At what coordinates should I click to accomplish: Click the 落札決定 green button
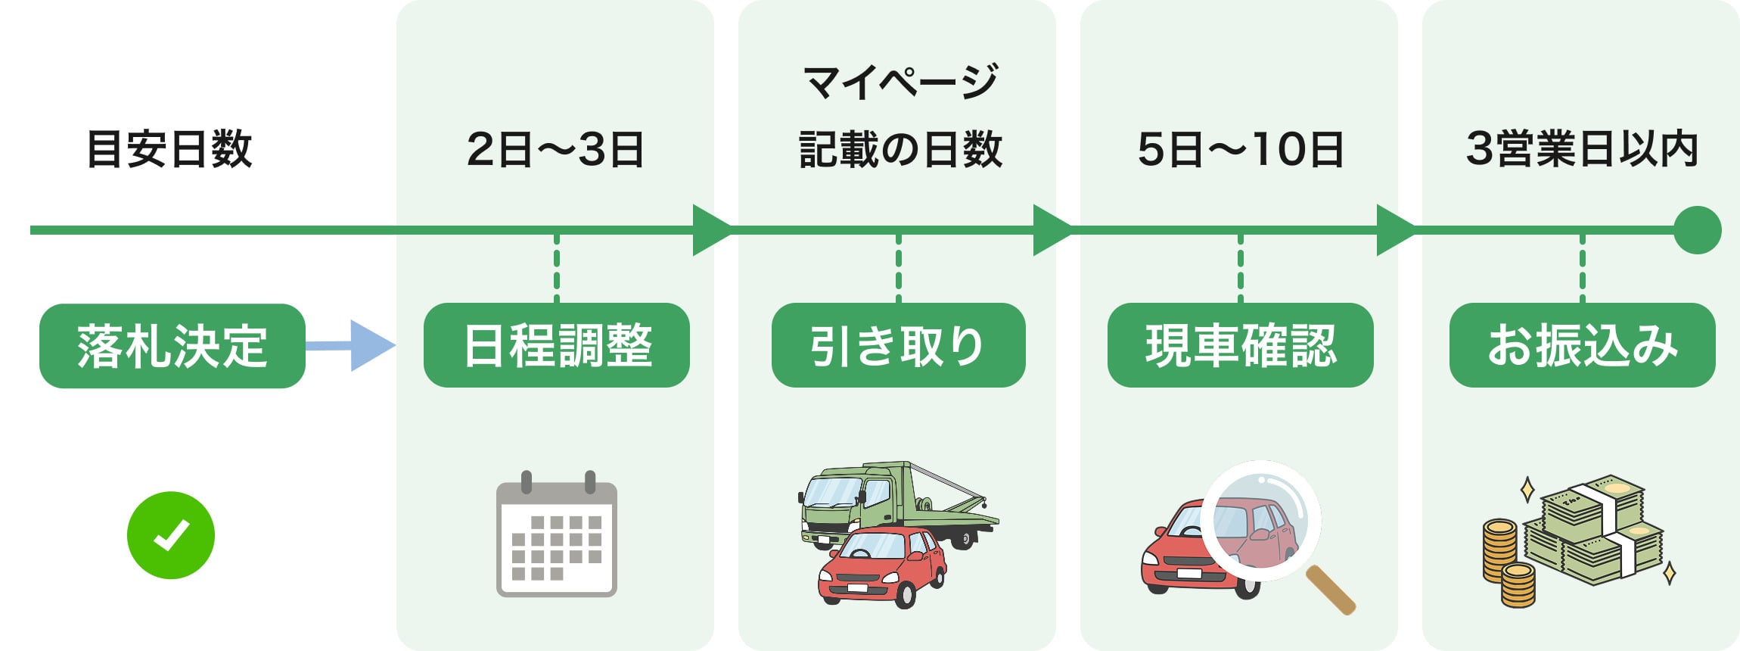tap(172, 346)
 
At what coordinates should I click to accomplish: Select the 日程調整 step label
tap(556, 345)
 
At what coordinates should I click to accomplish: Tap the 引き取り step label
tap(898, 345)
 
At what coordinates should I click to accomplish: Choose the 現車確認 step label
tap(1240, 345)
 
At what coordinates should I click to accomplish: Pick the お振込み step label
tap(1582, 345)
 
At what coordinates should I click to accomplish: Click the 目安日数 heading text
tap(169, 149)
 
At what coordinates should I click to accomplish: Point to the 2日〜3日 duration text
tap(555, 149)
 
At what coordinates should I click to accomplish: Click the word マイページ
tap(900, 82)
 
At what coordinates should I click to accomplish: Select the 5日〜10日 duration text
tap(1240, 149)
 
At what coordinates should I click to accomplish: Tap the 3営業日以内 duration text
tap(1582, 148)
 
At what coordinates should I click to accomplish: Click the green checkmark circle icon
tap(171, 535)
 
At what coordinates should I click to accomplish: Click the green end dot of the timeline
tap(1697, 230)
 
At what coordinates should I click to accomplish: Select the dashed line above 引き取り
tap(898, 269)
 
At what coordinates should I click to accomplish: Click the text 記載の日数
tap(900, 149)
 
